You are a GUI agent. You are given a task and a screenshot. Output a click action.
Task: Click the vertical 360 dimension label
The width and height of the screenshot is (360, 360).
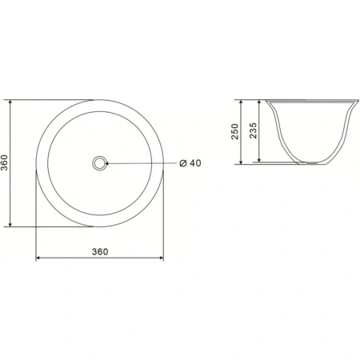click(x=5, y=162)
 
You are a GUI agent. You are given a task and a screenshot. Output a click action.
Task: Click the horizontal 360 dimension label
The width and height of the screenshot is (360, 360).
click(x=100, y=252)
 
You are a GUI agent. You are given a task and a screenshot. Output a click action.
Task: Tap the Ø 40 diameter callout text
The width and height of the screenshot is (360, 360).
click(x=190, y=163)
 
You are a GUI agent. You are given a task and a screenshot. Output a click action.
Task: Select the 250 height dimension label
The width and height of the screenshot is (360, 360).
click(x=234, y=131)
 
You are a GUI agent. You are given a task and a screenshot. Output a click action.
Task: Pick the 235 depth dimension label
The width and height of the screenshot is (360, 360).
click(x=253, y=130)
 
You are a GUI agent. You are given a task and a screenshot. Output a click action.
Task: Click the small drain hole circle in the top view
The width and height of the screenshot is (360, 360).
click(x=99, y=163)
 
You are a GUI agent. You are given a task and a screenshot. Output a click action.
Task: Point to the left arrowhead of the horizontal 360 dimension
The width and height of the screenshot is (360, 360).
click(x=38, y=258)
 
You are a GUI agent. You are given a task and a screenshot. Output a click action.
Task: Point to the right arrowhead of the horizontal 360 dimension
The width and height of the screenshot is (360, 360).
click(x=161, y=258)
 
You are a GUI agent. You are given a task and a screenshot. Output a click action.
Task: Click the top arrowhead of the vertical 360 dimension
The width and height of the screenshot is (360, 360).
click(x=10, y=102)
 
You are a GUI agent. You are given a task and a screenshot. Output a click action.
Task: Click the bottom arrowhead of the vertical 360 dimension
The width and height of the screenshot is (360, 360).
click(x=10, y=225)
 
